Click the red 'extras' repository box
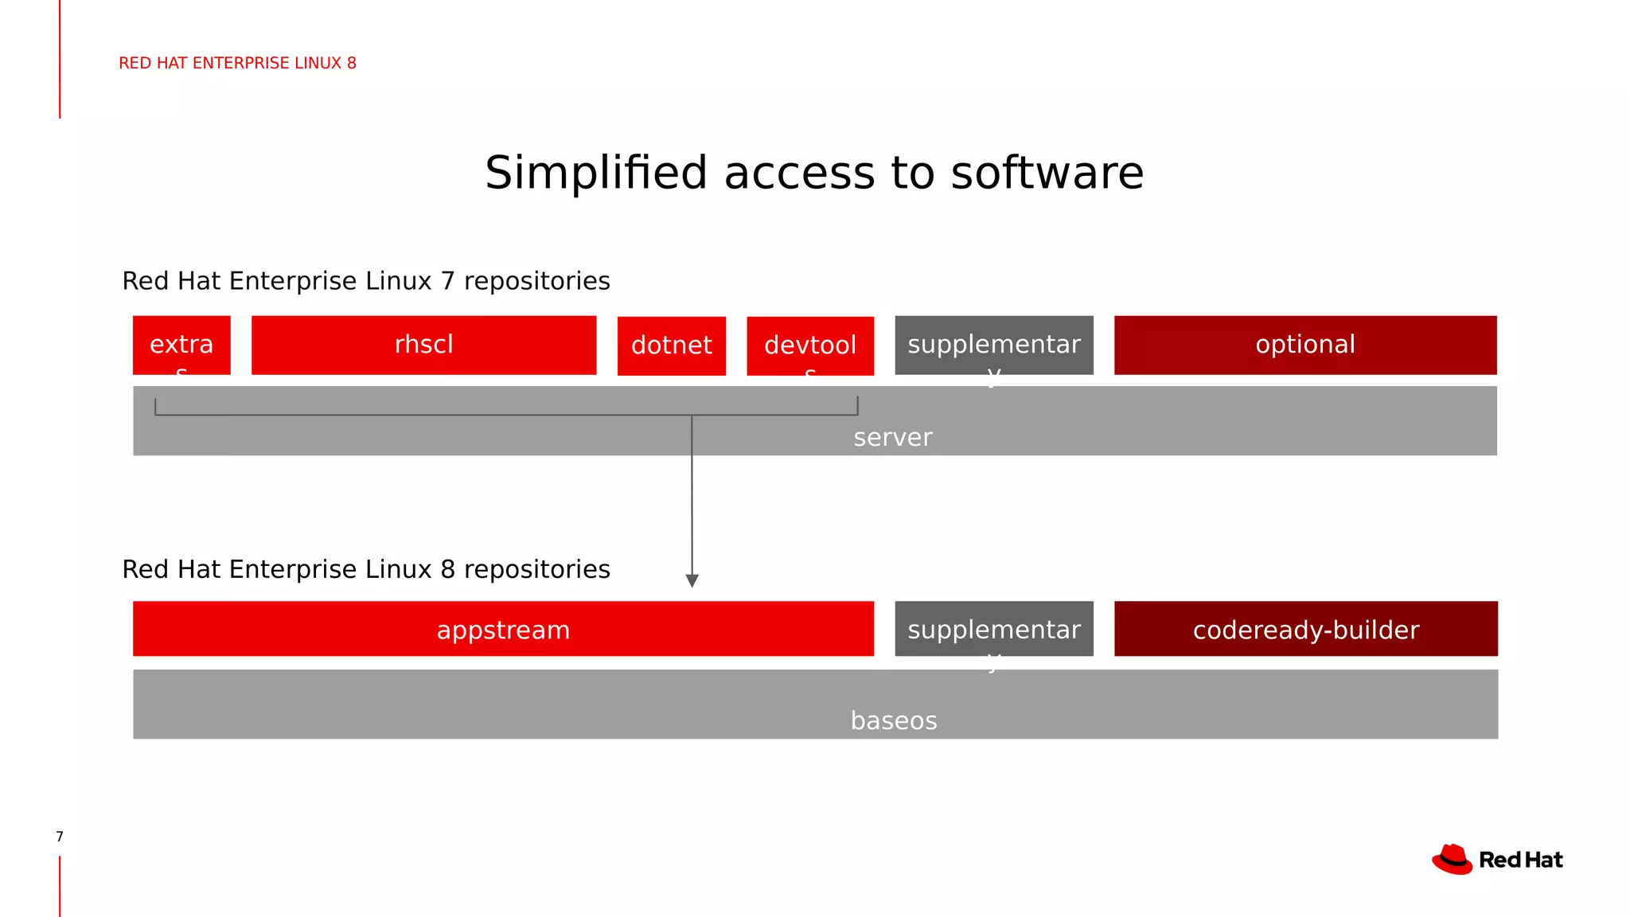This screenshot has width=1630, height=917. pos(181,345)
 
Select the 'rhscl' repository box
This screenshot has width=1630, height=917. pos(423,345)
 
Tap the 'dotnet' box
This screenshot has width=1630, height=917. pos(671,345)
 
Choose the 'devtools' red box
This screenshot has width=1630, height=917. pos(809,345)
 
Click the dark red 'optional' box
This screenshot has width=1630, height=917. pos(1304,345)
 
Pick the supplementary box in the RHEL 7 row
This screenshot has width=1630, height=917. pos(993,345)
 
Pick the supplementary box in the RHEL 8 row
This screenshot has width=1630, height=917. pos(993,629)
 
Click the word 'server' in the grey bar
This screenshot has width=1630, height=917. pos(892,438)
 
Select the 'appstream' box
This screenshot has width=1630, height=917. pos(503,630)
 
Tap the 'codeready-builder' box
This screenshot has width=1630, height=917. pos(1305,630)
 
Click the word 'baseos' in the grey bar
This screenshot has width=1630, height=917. pos(893,721)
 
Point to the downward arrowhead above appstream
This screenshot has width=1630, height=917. pos(692,581)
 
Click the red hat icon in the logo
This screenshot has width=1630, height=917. pos(1453,860)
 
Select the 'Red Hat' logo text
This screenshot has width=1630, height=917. pos(1520,860)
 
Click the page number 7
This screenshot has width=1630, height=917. pos(60,837)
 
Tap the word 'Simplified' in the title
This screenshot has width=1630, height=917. pos(595,173)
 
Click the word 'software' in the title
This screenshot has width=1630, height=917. pos(1047,173)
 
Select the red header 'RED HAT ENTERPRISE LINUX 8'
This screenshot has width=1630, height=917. pos(237,63)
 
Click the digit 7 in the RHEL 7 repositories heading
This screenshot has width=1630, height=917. pos(447,281)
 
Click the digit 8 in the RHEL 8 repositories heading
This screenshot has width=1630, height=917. pos(447,569)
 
